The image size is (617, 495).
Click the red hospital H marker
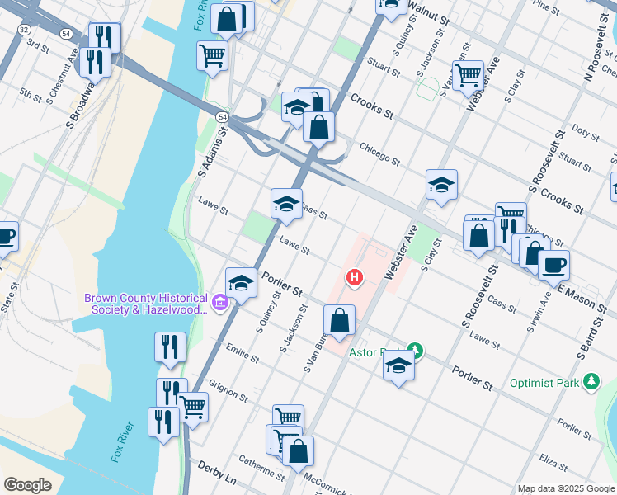pos(355,278)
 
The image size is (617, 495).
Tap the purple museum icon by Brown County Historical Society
pos(219,304)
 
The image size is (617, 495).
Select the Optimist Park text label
pos(545,383)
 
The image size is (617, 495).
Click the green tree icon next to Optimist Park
pos(591,381)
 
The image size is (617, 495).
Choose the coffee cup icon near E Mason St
pos(553,265)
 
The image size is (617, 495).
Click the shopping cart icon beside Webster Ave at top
pos(468,75)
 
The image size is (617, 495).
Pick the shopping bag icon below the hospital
pos(339,319)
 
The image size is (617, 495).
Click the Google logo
pos(27,485)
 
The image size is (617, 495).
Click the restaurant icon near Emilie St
pos(170,347)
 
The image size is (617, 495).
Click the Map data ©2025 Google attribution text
pos(566,488)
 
